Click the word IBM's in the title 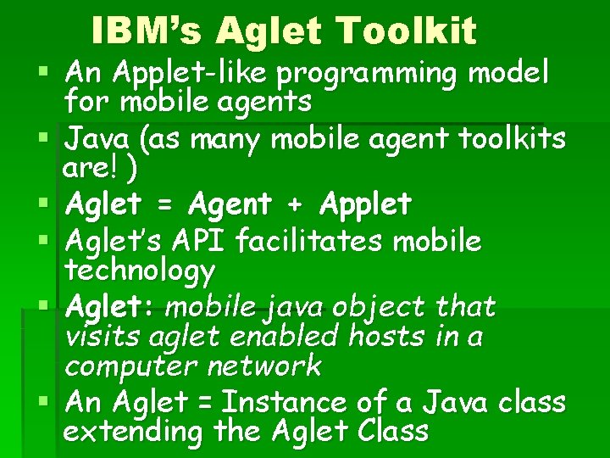147,31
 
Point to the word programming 386,73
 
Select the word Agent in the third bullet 230,204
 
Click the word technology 140,271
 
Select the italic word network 269,366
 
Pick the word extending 134,432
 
